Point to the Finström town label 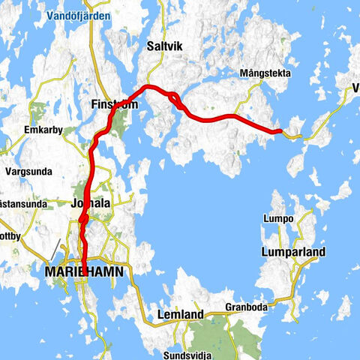[113, 103]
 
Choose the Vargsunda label [28, 171]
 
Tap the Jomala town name [90, 203]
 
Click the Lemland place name [180, 315]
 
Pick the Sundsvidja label [187, 354]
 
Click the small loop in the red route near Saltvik [174, 97]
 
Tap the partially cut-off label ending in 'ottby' [11, 235]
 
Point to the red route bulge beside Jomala [83, 218]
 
